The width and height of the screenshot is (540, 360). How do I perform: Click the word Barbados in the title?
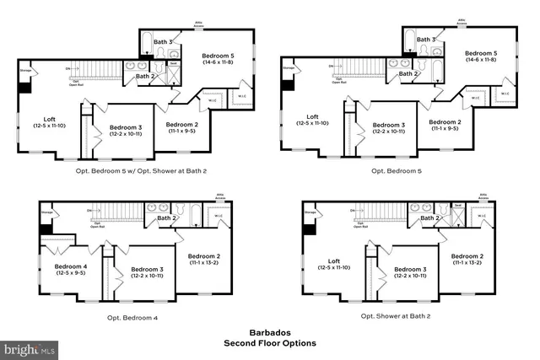click(x=269, y=333)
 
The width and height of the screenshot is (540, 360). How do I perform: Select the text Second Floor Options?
click(x=269, y=343)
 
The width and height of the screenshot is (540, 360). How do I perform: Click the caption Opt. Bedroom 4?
click(x=132, y=317)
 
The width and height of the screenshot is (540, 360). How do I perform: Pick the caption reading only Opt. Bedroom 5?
click(x=397, y=170)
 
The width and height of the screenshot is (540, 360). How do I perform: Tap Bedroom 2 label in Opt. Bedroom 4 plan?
click(x=204, y=259)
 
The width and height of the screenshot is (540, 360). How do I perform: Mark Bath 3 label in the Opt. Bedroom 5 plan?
click(x=427, y=40)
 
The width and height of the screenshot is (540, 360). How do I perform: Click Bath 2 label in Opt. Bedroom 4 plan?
click(x=165, y=219)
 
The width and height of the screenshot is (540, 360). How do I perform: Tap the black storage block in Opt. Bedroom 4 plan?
click(x=46, y=228)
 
